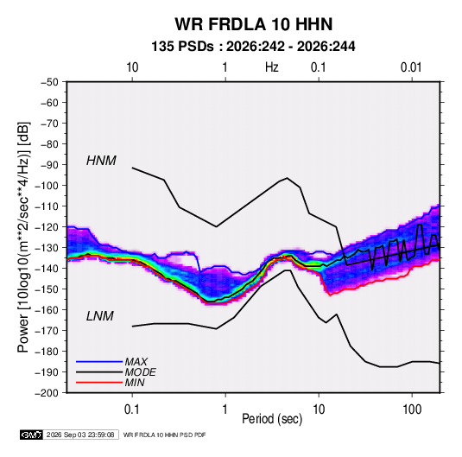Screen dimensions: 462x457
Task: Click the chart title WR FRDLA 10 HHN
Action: (x=254, y=24)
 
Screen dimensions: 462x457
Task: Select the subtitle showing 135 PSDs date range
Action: (x=253, y=47)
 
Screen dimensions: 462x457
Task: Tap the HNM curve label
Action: (x=101, y=161)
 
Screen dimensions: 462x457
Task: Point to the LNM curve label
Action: (x=100, y=316)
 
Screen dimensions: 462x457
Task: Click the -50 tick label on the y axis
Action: (x=49, y=82)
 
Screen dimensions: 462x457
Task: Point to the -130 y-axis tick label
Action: (x=47, y=248)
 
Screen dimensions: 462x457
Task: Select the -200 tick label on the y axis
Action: (x=47, y=393)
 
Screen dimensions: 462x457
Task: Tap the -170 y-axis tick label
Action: (x=47, y=331)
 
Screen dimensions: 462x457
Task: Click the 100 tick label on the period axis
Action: (x=412, y=409)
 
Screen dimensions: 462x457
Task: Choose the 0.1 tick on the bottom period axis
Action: (x=132, y=409)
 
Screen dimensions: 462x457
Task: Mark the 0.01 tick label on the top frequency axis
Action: (x=411, y=67)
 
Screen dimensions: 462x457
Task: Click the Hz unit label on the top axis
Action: (x=272, y=67)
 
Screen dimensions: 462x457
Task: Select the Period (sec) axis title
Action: (x=272, y=419)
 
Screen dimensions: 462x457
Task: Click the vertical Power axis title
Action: (x=23, y=238)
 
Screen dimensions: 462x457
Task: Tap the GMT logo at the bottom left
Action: (x=32, y=435)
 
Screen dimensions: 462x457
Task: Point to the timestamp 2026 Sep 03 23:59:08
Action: (x=80, y=435)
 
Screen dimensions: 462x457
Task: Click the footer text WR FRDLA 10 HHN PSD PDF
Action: (x=164, y=435)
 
